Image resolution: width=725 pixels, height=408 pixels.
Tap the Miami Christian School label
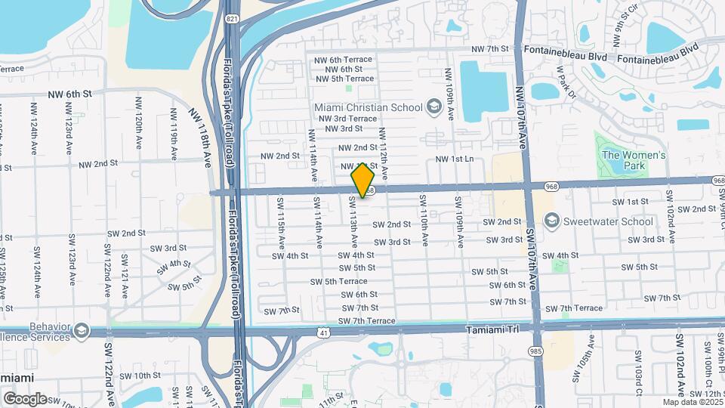pyautogui.click(x=369, y=107)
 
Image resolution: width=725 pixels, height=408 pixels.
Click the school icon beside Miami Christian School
pyautogui.click(x=433, y=107)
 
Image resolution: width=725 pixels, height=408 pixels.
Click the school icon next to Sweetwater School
pyautogui.click(x=551, y=221)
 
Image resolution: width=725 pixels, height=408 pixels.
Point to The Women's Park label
pyautogui.click(x=633, y=160)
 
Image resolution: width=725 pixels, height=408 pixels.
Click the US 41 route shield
pyautogui.click(x=323, y=332)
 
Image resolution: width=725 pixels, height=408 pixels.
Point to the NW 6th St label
pyautogui.click(x=69, y=94)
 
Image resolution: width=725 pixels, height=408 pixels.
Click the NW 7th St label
pyautogui.click(x=490, y=49)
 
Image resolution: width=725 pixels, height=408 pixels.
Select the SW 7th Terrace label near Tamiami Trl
pyautogui.click(x=367, y=321)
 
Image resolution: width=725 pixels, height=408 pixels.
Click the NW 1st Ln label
pyautogui.click(x=455, y=159)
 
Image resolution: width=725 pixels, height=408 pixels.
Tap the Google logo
pyautogui.click(x=25, y=398)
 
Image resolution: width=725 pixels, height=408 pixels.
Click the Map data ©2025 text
pyautogui.click(x=693, y=402)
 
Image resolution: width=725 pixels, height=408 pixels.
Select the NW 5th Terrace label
pyautogui.click(x=345, y=79)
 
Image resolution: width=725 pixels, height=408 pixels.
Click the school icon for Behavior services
pyautogui.click(x=81, y=331)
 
